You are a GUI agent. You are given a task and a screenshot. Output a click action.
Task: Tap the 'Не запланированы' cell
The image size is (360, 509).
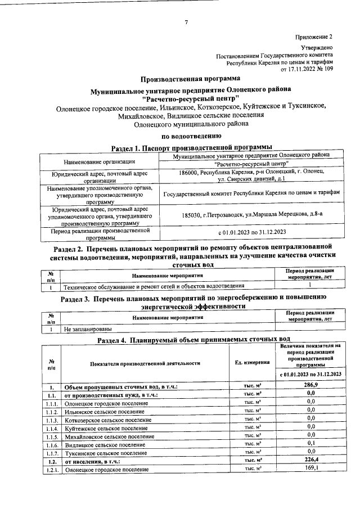pyautogui.click(x=87, y=328)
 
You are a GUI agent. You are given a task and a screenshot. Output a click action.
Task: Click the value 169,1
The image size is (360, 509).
pyautogui.click(x=310, y=467)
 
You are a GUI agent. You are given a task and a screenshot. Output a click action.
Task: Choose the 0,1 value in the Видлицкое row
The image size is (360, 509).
pyautogui.click(x=310, y=443)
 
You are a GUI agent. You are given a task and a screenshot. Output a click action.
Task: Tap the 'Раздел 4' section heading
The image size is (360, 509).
pyautogui.click(x=193, y=340)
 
